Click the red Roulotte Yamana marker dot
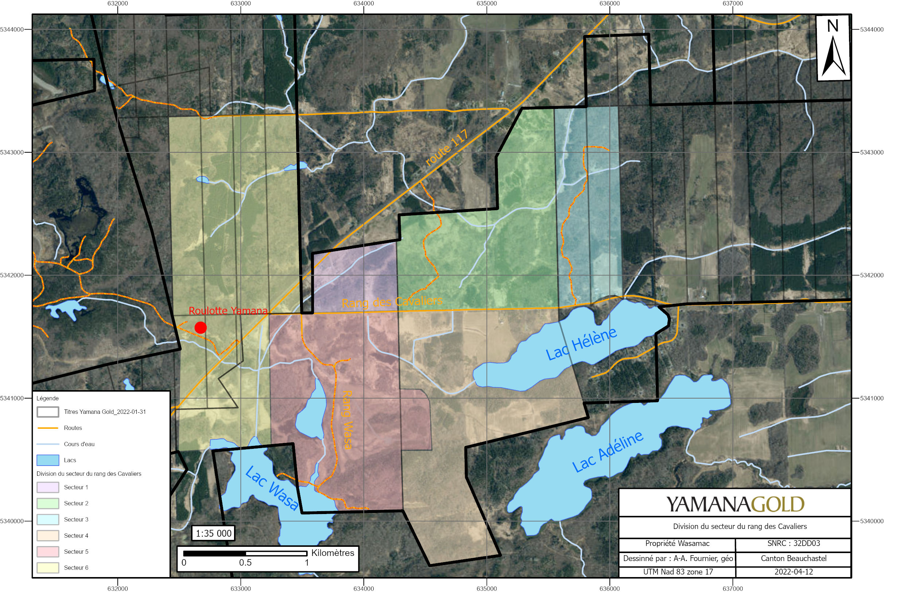click(200, 328)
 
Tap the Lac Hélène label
click(581, 344)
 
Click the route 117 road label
click(447, 148)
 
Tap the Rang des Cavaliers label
click(392, 302)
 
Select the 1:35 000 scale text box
click(213, 533)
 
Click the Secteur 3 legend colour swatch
click(48, 520)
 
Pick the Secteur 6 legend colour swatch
click(48, 568)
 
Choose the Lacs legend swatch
click(48, 460)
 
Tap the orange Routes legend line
click(48, 428)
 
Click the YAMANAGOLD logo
click(735, 504)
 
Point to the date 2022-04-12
click(793, 572)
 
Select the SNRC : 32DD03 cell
click(793, 543)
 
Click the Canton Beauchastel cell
click(793, 558)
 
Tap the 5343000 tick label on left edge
click(12, 152)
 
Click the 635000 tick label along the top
click(486, 4)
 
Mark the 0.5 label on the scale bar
click(245, 562)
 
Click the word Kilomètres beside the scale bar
click(332, 553)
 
